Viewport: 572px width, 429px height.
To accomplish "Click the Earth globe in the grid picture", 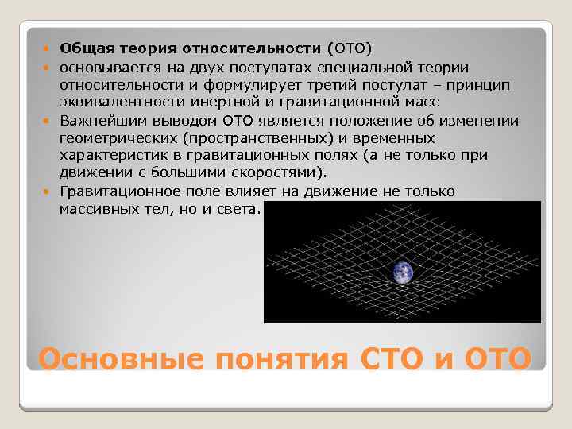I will (403, 272).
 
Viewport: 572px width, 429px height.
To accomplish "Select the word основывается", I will (105, 68).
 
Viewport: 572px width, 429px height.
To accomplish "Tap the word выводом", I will (182, 121).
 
